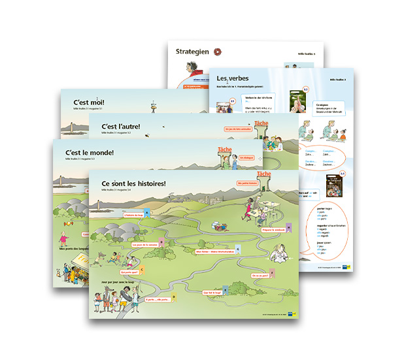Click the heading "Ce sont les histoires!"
(x=135, y=184)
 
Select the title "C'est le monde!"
(x=90, y=152)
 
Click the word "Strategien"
(x=192, y=51)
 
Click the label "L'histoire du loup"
(x=133, y=214)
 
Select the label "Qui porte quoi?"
(x=129, y=271)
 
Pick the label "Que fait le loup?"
(x=213, y=293)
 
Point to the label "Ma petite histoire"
(x=248, y=184)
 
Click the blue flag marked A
(x=147, y=212)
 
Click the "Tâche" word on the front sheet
(x=264, y=174)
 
